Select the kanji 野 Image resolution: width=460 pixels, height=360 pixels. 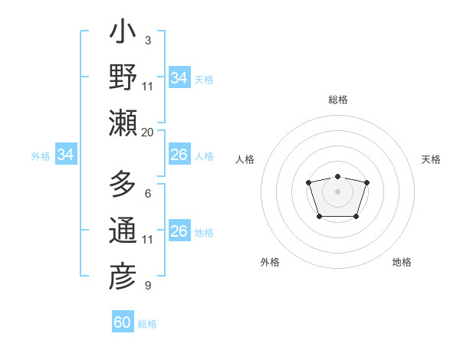click(123, 78)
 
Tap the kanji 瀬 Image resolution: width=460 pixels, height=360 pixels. click(123, 123)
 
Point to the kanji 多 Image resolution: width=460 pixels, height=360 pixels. click(123, 185)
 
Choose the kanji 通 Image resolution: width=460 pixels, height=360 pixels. click(123, 231)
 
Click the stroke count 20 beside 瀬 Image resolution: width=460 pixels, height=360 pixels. click(147, 132)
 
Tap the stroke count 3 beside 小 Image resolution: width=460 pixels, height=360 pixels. click(147, 41)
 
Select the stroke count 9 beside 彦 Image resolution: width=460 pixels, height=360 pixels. click(147, 286)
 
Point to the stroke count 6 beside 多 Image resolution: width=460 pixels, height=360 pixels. click(147, 194)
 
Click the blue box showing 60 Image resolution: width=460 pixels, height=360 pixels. click(123, 322)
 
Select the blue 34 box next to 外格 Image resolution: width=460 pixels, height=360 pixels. click(66, 155)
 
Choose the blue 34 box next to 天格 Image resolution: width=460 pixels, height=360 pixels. click(179, 77)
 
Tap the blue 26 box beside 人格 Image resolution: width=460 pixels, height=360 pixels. click(179, 155)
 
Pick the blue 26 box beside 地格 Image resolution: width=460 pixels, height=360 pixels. click(179, 231)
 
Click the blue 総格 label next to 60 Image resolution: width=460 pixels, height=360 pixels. click(147, 324)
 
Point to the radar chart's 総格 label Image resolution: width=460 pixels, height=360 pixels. click(337, 100)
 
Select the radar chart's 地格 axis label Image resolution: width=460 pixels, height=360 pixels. click(402, 262)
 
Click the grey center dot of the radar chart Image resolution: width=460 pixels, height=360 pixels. click(337, 191)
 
